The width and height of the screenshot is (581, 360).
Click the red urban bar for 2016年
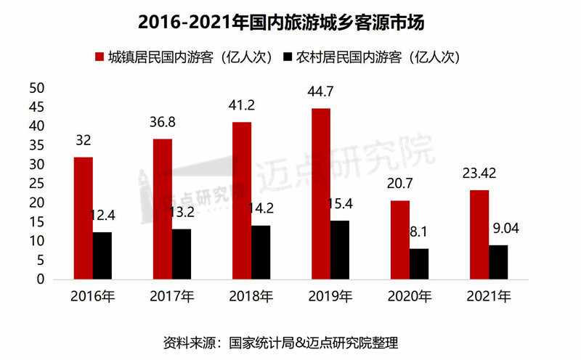(x=83, y=218)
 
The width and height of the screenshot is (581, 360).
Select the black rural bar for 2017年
(x=182, y=254)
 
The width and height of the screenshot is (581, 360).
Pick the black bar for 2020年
(x=419, y=264)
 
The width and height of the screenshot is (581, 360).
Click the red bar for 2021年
(x=479, y=234)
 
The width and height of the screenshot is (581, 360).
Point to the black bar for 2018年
(x=261, y=252)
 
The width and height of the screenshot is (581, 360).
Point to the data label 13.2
(x=183, y=212)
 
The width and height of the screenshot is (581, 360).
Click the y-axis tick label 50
(x=37, y=88)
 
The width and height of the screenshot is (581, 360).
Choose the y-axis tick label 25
(x=37, y=184)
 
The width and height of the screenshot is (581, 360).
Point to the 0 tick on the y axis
(x=41, y=279)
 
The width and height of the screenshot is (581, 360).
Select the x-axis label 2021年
(x=489, y=296)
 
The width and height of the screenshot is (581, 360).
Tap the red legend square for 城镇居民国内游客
(x=100, y=57)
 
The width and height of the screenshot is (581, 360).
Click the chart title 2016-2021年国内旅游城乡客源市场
(x=290, y=22)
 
